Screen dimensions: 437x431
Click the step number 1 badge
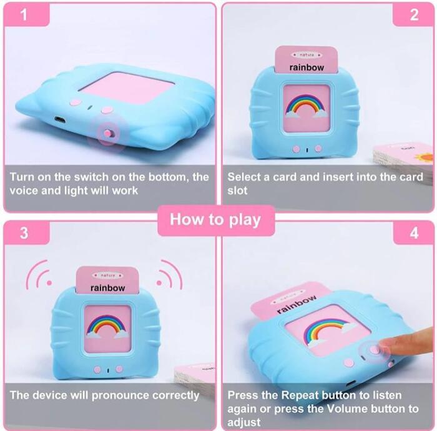click(24, 14)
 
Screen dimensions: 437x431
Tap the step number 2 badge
click(414, 14)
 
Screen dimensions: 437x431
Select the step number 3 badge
click(24, 233)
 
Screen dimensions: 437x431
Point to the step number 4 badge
click(414, 233)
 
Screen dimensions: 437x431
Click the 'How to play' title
click(215, 220)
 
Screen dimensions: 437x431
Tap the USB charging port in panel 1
click(60, 120)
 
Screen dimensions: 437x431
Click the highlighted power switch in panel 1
click(108, 134)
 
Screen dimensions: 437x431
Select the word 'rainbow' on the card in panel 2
click(307, 67)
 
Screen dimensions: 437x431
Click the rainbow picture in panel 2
click(306, 106)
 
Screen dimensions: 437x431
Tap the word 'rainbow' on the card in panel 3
click(107, 288)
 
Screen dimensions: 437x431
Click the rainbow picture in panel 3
click(107, 327)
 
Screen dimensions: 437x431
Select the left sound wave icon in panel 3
click(38, 275)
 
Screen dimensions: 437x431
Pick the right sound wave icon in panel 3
click(169, 275)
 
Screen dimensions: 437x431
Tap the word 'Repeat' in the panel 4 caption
click(300, 395)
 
